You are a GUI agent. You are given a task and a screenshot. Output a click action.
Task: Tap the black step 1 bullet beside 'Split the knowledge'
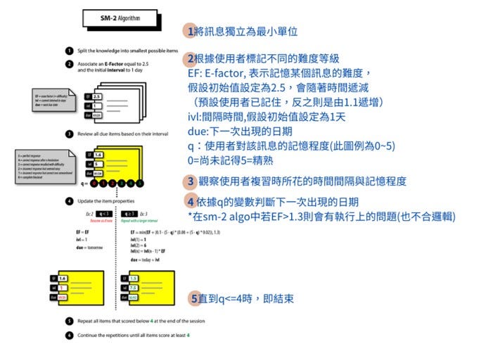(68, 51)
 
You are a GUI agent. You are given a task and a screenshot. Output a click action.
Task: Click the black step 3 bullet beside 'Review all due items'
(68, 134)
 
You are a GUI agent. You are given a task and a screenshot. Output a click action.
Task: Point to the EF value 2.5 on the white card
(98, 96)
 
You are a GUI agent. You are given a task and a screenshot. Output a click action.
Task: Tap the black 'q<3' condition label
(104, 212)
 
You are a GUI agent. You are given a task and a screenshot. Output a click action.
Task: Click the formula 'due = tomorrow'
(89, 247)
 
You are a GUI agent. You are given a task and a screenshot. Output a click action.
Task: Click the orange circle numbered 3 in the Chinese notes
(191, 181)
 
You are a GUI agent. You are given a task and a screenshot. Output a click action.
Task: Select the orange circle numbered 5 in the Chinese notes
(194, 299)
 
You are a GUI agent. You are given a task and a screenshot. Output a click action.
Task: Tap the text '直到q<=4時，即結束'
(246, 299)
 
